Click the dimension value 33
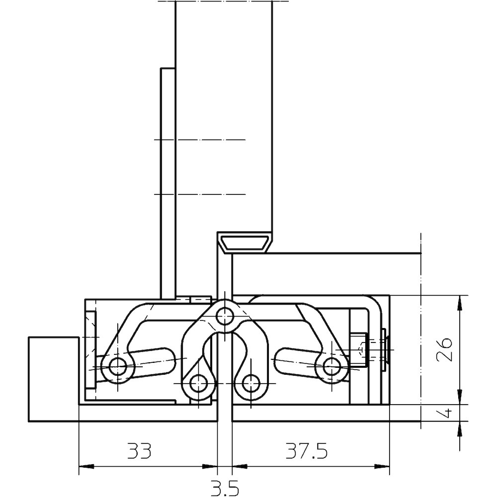tap(139, 451)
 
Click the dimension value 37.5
tap(307, 451)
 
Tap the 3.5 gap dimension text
tap(225, 488)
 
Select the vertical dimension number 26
tap(444, 349)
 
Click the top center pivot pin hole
tap(225, 316)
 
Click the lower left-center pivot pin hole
tap(198, 384)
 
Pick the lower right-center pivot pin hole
tap(250, 384)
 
